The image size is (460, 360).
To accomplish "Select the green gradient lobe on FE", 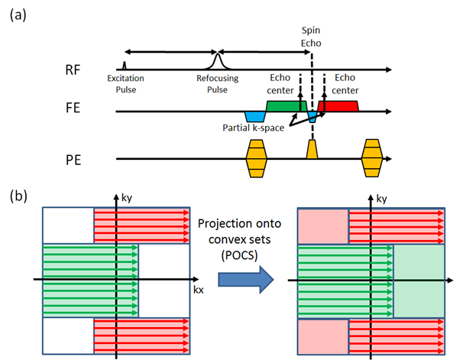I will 286,105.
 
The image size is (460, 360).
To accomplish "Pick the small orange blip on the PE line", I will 312,150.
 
